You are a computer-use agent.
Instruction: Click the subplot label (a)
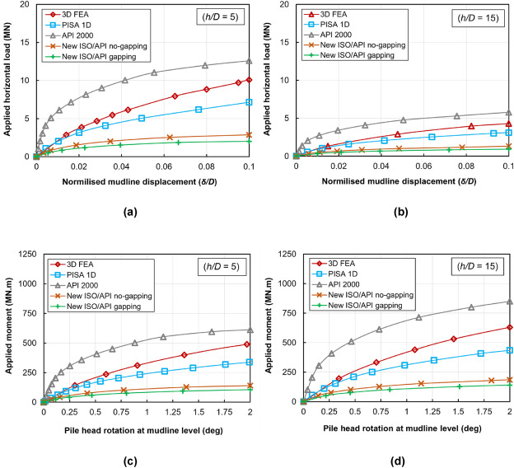(x=128, y=212)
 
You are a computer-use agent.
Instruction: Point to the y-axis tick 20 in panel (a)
(x=26, y=5)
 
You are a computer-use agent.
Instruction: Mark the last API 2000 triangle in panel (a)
(x=248, y=60)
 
